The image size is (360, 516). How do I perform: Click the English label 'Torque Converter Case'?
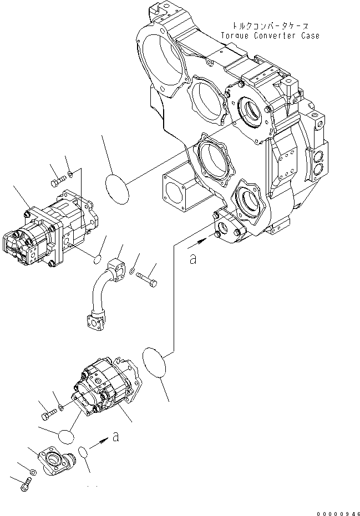pos(270,35)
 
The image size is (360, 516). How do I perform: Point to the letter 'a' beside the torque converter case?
pos(193,258)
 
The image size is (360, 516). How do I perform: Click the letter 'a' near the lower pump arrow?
pos(115,437)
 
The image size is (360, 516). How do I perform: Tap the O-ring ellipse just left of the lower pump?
pos(65,436)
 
